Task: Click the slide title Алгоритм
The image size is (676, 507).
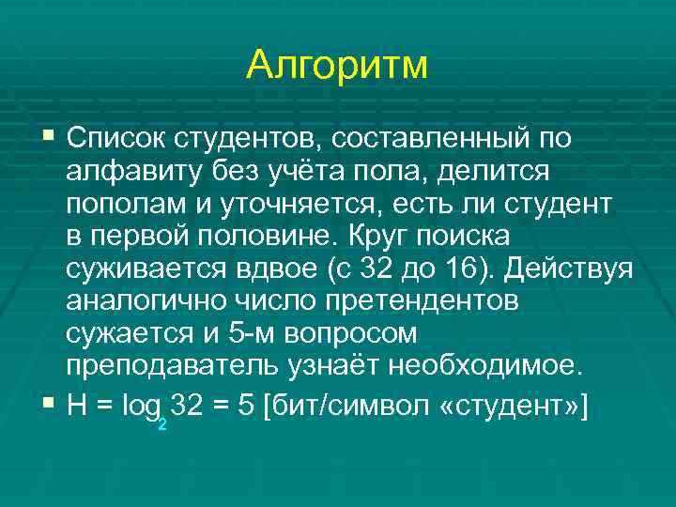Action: [x=337, y=65]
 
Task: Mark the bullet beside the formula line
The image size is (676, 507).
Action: [x=49, y=401]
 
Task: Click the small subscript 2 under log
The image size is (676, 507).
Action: [x=162, y=423]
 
